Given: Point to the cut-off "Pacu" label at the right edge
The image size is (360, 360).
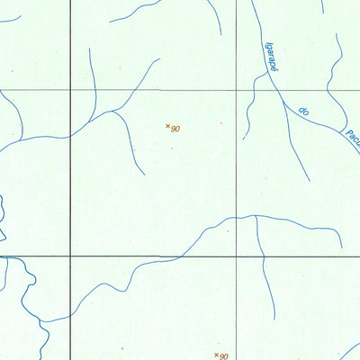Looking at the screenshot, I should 350,140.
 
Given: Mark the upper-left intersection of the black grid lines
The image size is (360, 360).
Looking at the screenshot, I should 71,90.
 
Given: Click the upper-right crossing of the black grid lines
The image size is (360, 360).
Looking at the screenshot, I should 238,90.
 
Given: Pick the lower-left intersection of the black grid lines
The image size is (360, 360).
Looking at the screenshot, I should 71,256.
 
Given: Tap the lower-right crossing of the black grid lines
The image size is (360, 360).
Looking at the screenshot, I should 238,256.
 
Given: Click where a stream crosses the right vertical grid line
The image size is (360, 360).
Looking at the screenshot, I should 238,217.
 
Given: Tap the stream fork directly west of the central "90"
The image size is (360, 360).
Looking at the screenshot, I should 115,112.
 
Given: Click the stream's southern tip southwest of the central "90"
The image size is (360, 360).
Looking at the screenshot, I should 143,173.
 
